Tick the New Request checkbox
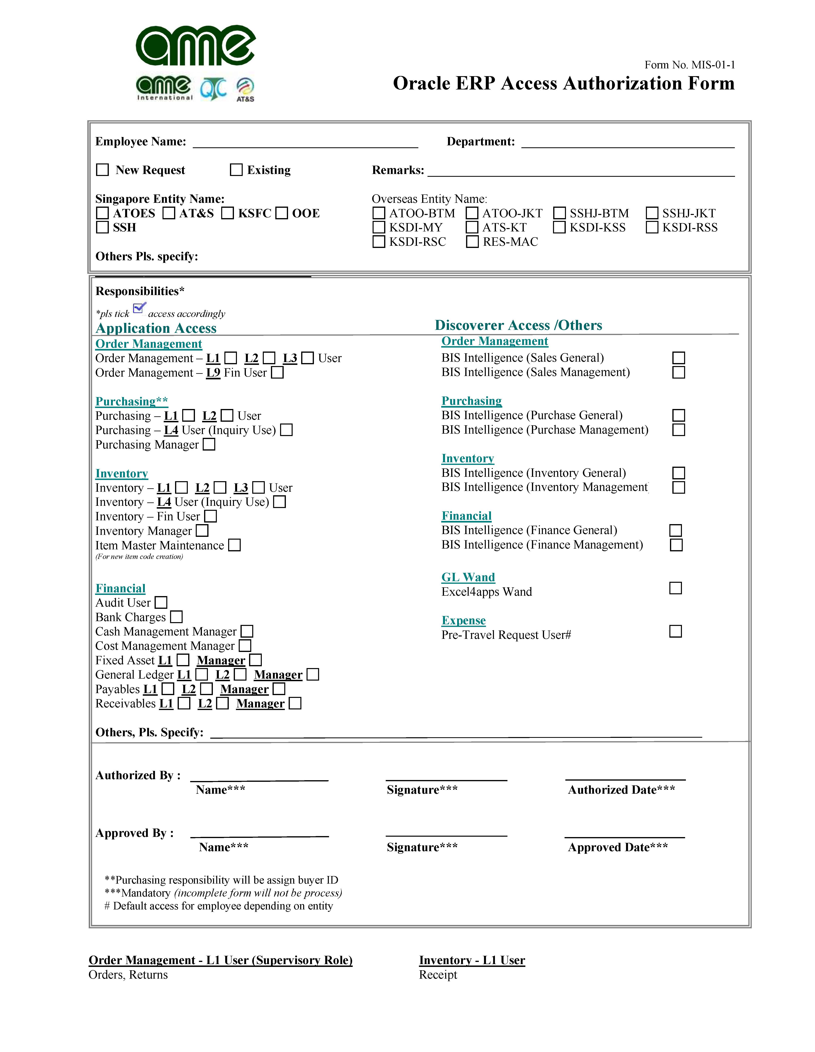pyautogui.click(x=102, y=170)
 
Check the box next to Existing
pyautogui.click(x=236, y=170)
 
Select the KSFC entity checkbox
pyautogui.click(x=228, y=213)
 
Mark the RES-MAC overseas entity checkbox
pyautogui.click(x=472, y=242)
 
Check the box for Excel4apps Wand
pyautogui.click(x=676, y=588)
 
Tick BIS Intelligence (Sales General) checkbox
pyautogui.click(x=679, y=358)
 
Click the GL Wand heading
pyautogui.click(x=468, y=577)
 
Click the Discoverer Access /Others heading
pyautogui.click(x=518, y=325)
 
